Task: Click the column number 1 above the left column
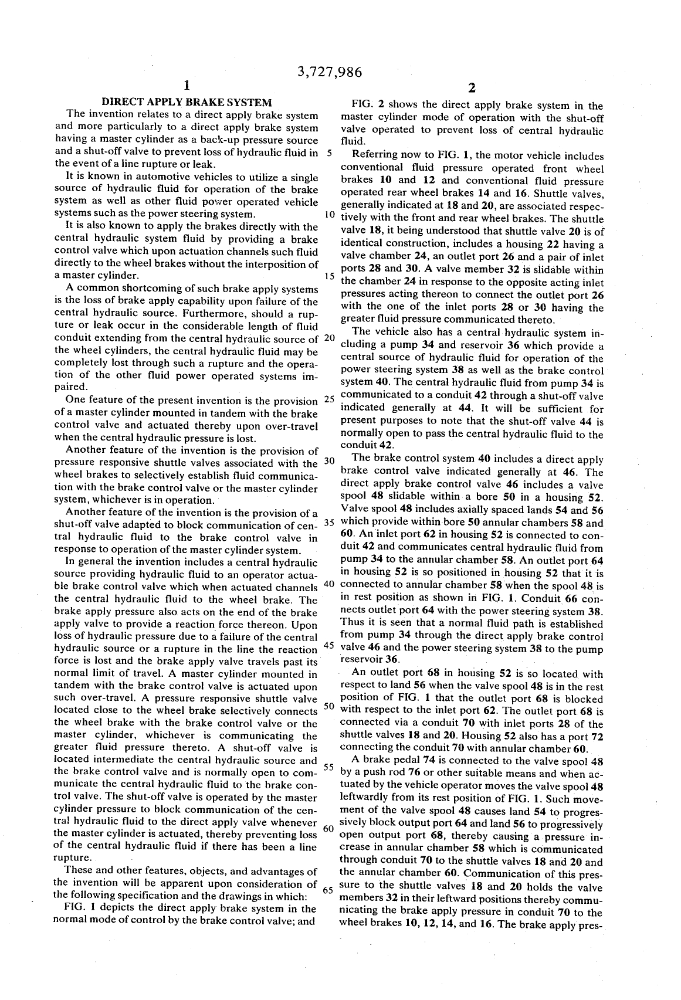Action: (x=186, y=86)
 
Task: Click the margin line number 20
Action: (x=328, y=338)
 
